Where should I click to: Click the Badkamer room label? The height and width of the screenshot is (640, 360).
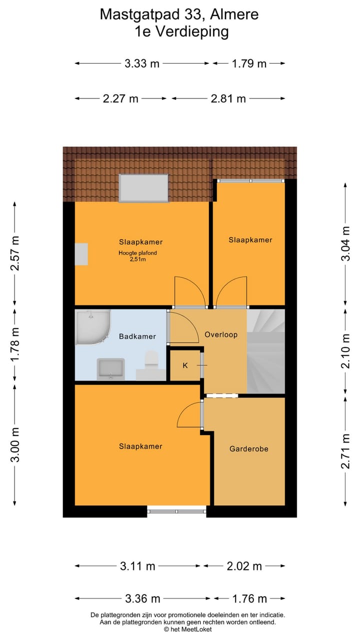click(137, 336)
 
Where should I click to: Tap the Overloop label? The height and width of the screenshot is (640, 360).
click(221, 334)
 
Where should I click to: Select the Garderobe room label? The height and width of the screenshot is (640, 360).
click(248, 448)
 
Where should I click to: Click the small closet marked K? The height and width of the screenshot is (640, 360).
click(185, 365)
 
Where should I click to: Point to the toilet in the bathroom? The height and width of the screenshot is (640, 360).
click(151, 361)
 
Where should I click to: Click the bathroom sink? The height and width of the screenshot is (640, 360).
click(110, 369)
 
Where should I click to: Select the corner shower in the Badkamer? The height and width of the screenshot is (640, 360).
click(91, 327)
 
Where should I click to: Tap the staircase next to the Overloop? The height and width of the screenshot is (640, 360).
click(265, 351)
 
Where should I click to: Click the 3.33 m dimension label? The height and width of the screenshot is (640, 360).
click(142, 63)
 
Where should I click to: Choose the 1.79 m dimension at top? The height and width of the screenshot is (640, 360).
click(249, 63)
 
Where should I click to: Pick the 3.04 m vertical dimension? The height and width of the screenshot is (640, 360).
click(345, 244)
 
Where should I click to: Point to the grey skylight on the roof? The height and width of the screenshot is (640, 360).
click(143, 187)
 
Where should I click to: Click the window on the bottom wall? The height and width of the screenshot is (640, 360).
click(176, 511)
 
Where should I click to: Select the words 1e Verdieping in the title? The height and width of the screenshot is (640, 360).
click(181, 31)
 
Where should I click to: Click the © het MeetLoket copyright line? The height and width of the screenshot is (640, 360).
click(187, 629)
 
